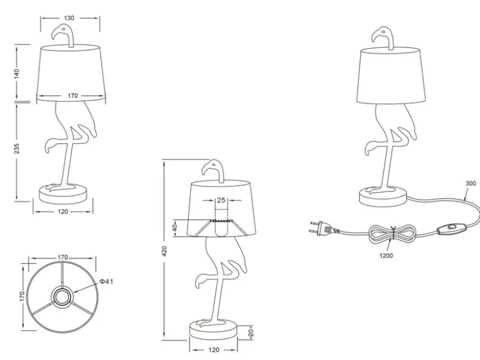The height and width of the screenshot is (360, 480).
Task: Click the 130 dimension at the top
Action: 70,18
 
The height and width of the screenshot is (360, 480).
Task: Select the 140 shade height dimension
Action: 17,73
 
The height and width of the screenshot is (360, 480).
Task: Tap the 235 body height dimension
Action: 17,148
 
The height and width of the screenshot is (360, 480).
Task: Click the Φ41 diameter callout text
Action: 106,281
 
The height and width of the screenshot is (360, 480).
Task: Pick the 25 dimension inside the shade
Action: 221,201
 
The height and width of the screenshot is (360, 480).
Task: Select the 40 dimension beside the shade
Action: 175,228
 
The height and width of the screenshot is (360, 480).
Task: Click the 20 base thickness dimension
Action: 250,333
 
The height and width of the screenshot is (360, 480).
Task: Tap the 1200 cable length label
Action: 386,255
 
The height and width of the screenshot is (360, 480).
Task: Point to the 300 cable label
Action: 471,183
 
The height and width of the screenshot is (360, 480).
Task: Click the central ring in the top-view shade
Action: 62,296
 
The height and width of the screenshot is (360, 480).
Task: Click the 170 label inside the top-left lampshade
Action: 73,96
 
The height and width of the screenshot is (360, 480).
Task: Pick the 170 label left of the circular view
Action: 22,297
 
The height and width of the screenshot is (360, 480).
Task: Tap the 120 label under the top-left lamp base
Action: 63,212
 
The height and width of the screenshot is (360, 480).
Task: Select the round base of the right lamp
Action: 383,196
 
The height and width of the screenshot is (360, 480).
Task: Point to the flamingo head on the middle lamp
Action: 213,170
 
